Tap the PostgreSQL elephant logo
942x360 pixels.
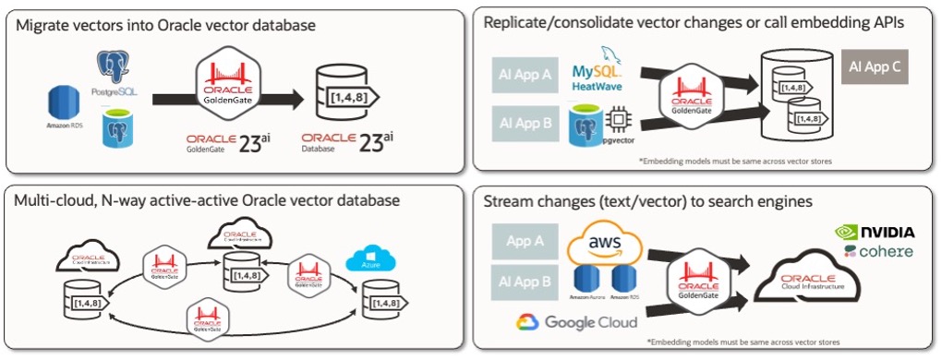point(114,65)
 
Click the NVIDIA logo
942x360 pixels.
point(875,232)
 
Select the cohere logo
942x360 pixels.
point(878,251)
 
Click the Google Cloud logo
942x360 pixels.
point(577,322)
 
